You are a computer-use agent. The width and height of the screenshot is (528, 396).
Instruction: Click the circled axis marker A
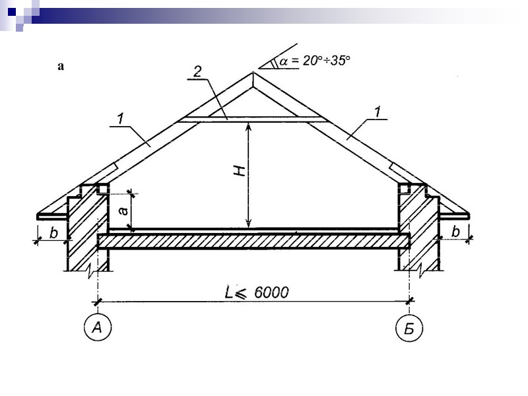click(x=97, y=327)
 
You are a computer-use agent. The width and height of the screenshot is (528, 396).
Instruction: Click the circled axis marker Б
click(x=409, y=327)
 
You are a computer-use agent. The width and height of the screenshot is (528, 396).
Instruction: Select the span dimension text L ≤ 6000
click(x=257, y=292)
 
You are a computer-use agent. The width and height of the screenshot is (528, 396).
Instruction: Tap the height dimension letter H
click(x=240, y=171)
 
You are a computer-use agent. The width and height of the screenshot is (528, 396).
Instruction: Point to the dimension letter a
click(x=123, y=211)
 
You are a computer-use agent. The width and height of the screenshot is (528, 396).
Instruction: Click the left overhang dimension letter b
click(x=53, y=232)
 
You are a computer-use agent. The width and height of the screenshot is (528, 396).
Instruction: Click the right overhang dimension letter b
click(x=455, y=232)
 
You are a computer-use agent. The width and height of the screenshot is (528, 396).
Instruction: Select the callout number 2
click(x=197, y=71)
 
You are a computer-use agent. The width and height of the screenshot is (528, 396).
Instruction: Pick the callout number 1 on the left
click(x=120, y=119)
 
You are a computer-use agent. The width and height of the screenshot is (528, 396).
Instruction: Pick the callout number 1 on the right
click(x=378, y=112)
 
